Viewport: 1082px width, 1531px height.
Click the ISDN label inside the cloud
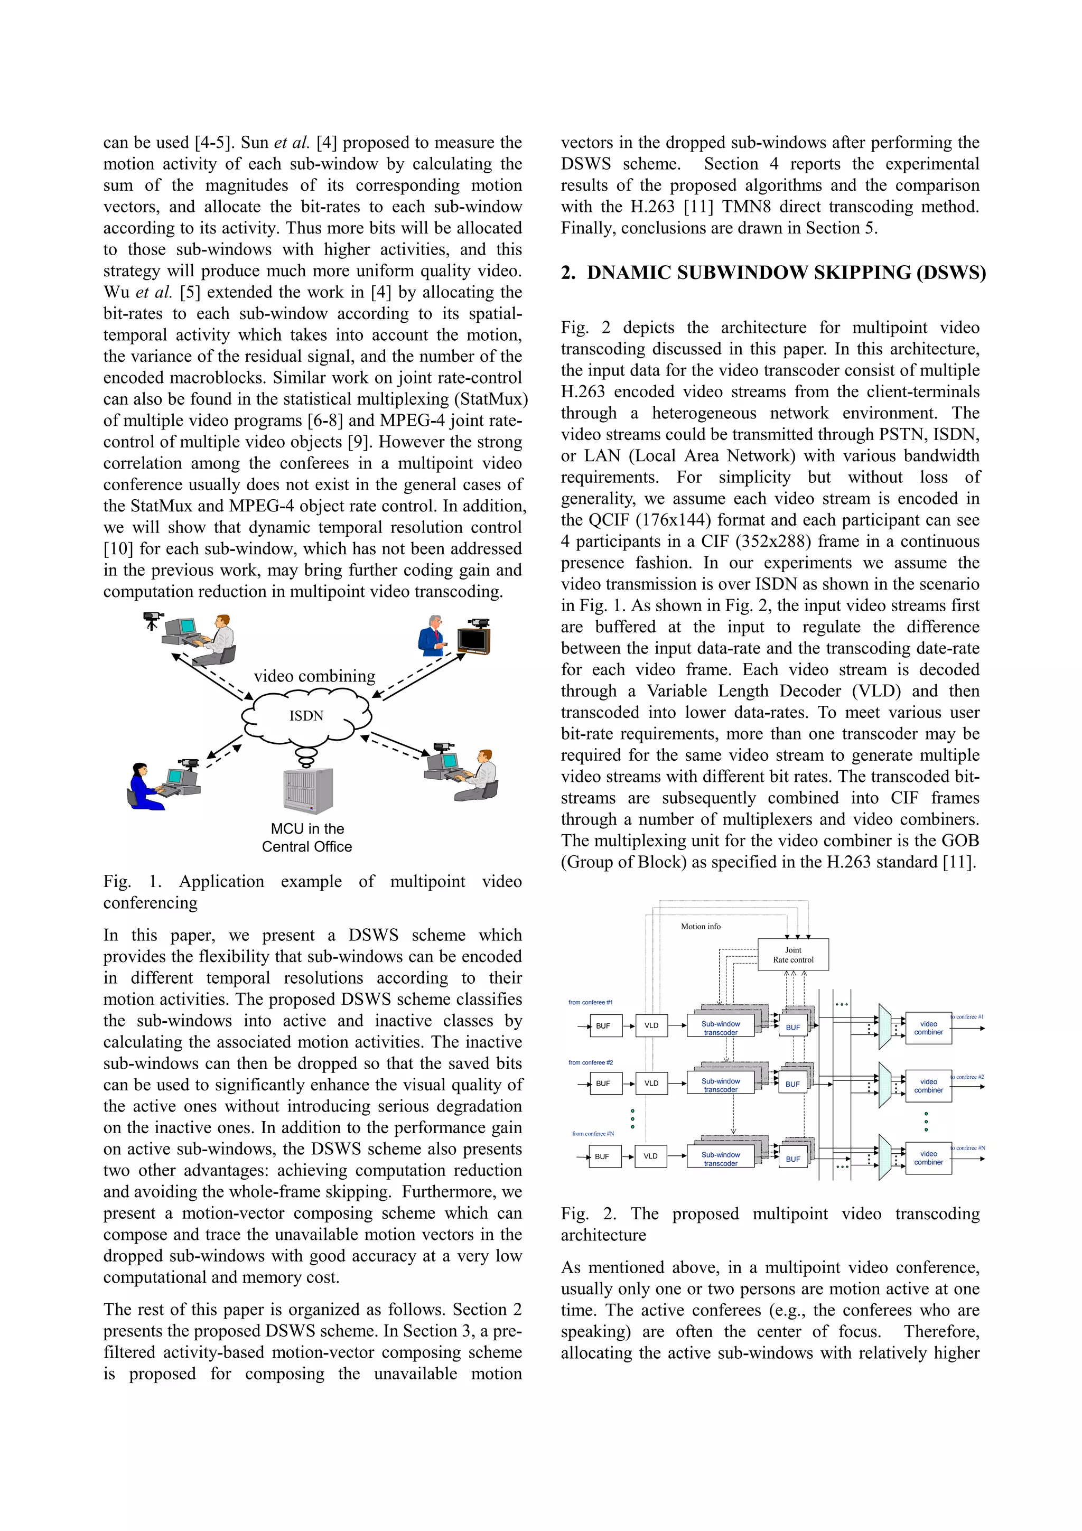tap(306, 715)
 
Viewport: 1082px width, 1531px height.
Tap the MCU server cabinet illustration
tap(308, 791)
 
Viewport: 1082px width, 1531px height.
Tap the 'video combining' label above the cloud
tap(314, 676)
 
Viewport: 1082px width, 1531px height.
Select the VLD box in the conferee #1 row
tap(651, 1025)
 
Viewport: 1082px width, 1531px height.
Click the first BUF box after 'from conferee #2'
tap(603, 1084)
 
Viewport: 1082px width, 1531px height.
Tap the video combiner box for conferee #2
tap(928, 1086)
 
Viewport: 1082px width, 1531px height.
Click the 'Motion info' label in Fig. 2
tap(700, 926)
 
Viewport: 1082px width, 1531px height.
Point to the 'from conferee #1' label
tap(590, 1002)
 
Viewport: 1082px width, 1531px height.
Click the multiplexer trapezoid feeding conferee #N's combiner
tap(884, 1157)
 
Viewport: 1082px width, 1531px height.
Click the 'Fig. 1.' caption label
tap(132, 882)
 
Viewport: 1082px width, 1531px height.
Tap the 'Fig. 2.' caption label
tap(589, 1213)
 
